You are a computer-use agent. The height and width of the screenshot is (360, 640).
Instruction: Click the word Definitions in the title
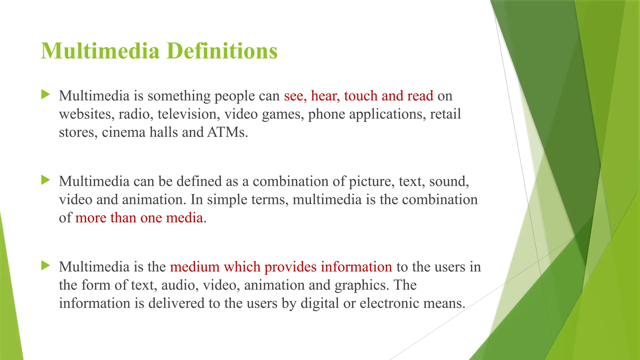click(x=222, y=51)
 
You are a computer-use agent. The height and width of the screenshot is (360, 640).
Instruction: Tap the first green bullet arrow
click(x=46, y=94)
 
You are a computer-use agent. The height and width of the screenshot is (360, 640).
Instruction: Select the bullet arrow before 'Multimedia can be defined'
click(x=46, y=180)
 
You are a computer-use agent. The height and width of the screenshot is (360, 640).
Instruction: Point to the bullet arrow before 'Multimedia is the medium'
click(x=46, y=266)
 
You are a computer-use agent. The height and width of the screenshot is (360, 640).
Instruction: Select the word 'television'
click(x=187, y=114)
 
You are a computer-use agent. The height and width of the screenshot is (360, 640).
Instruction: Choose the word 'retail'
click(x=445, y=114)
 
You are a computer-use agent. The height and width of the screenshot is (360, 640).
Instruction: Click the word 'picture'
click(x=371, y=181)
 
